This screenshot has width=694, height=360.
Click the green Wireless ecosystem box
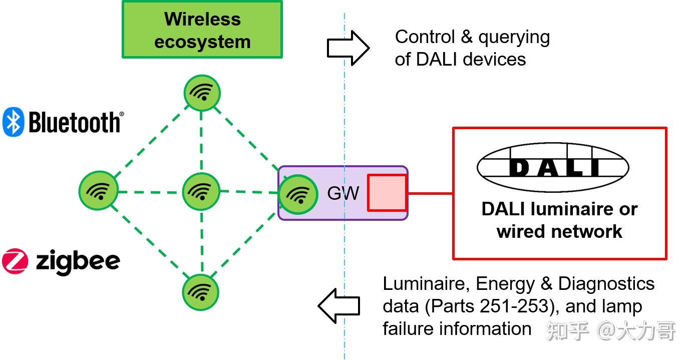pyautogui.click(x=202, y=29)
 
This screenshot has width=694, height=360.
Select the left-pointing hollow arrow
pyautogui.click(x=339, y=305)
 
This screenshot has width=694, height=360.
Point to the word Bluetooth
pyautogui.click(x=76, y=123)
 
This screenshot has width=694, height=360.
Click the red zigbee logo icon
pyautogui.click(x=15, y=261)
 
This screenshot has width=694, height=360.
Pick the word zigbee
pyautogui.click(x=78, y=261)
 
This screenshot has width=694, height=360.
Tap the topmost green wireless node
pyautogui.click(x=202, y=93)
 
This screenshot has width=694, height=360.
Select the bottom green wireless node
pyautogui.click(x=201, y=292)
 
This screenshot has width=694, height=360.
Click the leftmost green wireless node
pyautogui.click(x=99, y=191)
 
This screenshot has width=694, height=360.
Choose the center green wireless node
pyautogui.click(x=201, y=191)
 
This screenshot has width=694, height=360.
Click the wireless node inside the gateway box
pyautogui.click(x=298, y=194)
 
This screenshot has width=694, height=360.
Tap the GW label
pyautogui.click(x=343, y=193)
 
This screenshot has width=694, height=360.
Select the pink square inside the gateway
pyautogui.click(x=387, y=193)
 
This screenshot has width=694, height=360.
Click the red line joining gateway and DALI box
pyautogui.click(x=430, y=193)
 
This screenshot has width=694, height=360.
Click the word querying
pyautogui.click(x=514, y=37)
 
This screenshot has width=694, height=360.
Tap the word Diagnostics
pyautogui.click(x=606, y=284)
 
